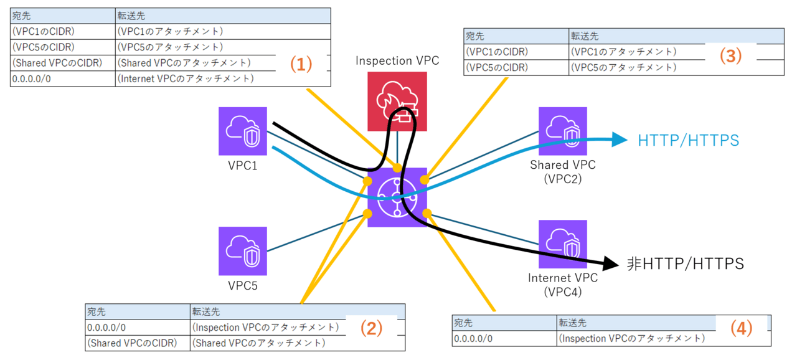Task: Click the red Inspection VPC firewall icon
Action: tap(397, 102)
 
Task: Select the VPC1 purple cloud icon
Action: tap(243, 131)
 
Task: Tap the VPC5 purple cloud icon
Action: tap(243, 250)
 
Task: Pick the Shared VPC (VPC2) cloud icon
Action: tap(563, 131)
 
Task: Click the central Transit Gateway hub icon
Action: tap(397, 197)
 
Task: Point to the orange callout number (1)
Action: tap(301, 64)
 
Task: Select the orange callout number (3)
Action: tap(731, 56)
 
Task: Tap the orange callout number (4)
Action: tap(741, 328)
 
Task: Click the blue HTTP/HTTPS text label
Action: tap(688, 140)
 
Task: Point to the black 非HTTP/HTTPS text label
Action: tap(685, 264)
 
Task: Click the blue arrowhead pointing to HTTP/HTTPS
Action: tap(619, 140)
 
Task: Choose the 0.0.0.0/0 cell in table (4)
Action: tap(473, 339)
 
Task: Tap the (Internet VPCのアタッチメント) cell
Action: tap(186, 78)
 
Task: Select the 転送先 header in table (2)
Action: tap(206, 311)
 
